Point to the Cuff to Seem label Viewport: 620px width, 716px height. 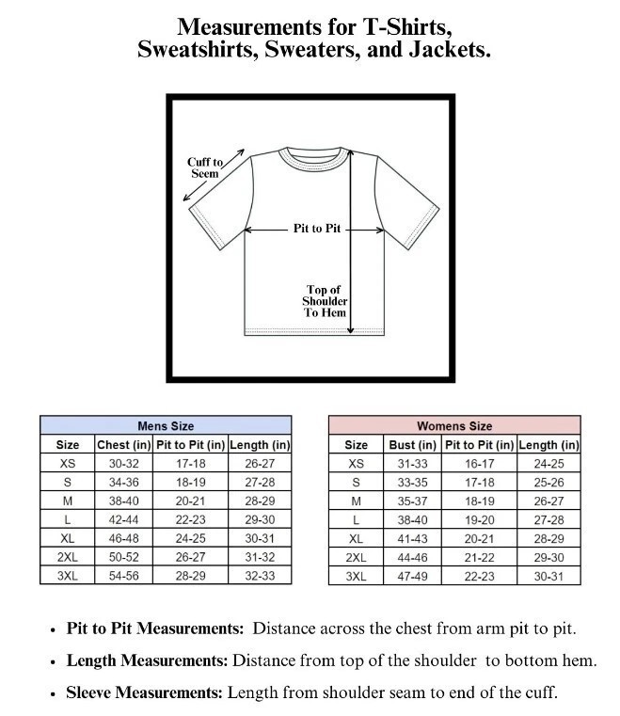pos(204,167)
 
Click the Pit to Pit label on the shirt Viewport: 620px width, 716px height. pos(316,229)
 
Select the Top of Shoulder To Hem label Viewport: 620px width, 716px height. pos(325,301)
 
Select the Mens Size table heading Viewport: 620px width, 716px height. pos(166,426)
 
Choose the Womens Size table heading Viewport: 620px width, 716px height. pos(454,426)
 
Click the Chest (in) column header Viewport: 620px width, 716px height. pos(124,445)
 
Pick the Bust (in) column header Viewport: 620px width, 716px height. pos(412,445)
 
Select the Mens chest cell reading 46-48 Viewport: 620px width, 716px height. pos(124,538)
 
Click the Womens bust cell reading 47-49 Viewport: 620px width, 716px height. pos(412,576)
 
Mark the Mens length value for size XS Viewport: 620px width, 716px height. pos(260,464)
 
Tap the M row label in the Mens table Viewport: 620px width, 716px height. pos(68,501)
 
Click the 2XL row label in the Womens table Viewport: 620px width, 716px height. pos(356,557)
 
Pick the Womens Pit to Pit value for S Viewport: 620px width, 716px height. pos(479,483)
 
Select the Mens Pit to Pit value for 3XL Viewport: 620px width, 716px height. pos(190,576)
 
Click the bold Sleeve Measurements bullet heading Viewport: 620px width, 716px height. pos(145,693)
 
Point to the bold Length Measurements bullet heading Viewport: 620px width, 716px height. pos(148,661)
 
